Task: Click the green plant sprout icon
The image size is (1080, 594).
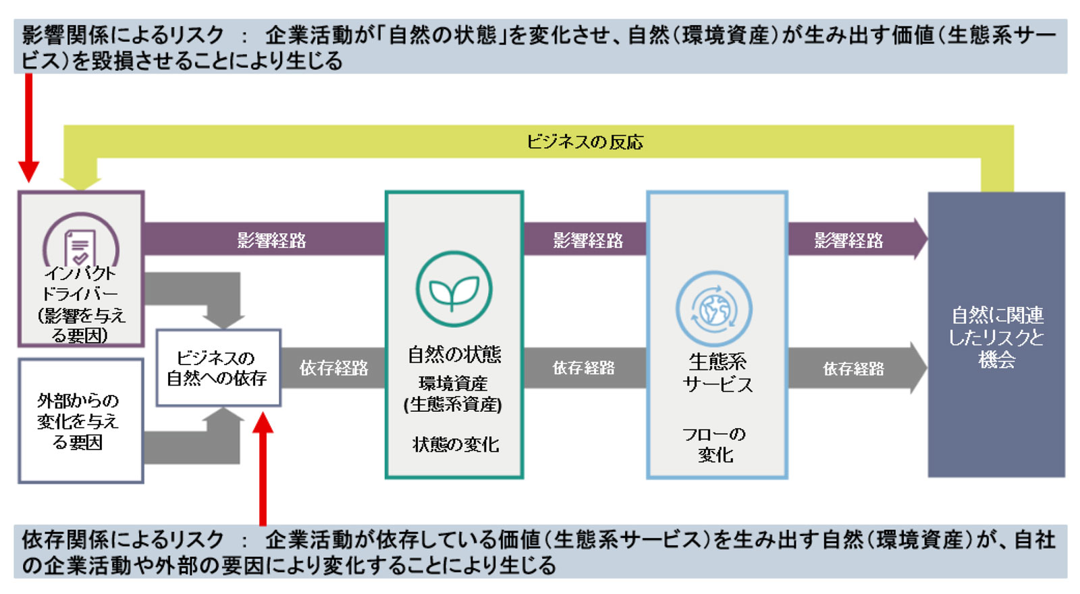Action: click(454, 290)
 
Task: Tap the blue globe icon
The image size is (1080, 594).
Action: click(714, 309)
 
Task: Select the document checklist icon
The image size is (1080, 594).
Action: click(80, 247)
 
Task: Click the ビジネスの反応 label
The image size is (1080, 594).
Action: click(585, 142)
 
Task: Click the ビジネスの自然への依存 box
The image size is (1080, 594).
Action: click(217, 368)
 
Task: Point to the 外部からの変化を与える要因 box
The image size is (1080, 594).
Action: click(80, 421)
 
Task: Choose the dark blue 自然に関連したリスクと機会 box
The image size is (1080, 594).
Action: click(996, 335)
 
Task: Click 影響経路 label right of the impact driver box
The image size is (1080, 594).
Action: click(271, 240)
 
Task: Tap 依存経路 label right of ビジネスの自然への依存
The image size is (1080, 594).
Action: click(333, 368)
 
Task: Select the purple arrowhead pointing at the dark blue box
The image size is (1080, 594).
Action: click(919, 239)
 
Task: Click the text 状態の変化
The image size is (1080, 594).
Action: click(454, 444)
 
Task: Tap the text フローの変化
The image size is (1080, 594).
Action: click(715, 444)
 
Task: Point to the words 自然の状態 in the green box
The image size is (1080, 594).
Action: click(454, 354)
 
